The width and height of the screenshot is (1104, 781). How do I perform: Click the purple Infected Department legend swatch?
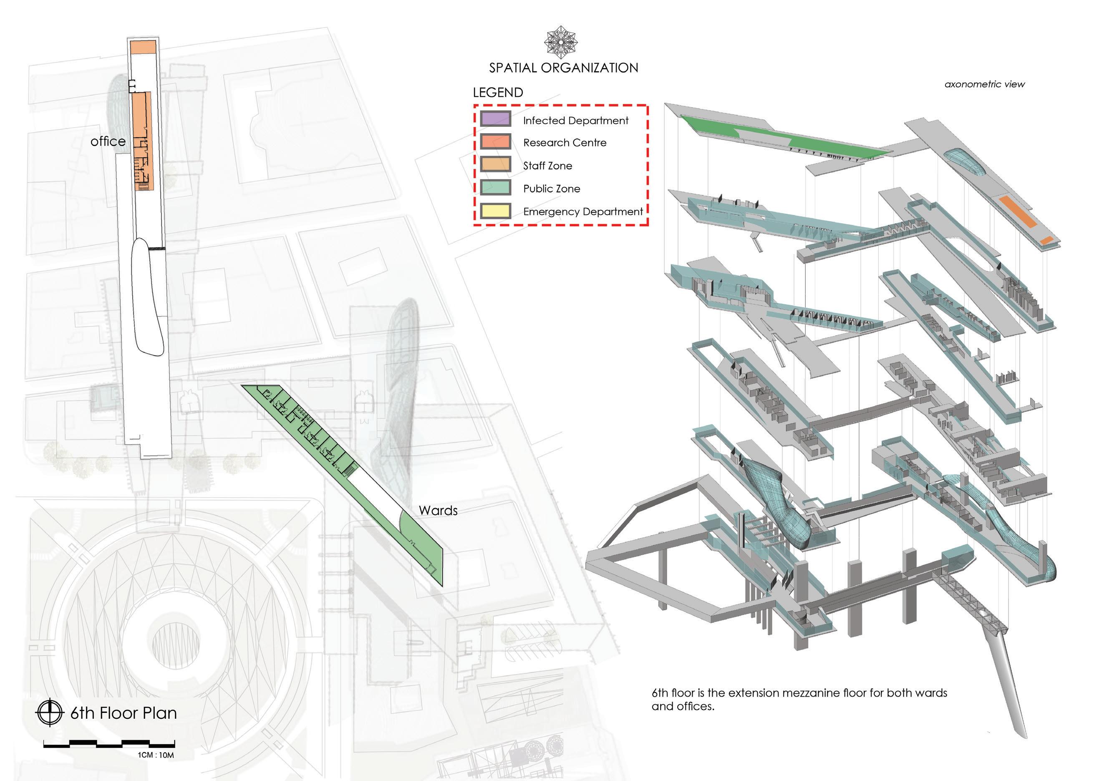tap(495, 119)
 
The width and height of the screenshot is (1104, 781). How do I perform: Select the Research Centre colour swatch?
tap(495, 142)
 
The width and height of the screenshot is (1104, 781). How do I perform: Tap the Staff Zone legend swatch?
tap(495, 164)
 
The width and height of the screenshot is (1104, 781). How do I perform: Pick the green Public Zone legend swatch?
tap(495, 187)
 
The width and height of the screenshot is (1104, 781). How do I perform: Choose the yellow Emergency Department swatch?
tap(495, 211)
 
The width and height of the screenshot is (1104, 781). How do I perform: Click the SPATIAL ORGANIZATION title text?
tap(564, 68)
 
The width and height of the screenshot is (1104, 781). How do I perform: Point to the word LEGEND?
tap(498, 92)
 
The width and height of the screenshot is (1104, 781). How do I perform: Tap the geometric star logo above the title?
tap(561, 42)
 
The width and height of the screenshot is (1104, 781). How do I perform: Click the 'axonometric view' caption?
tap(984, 84)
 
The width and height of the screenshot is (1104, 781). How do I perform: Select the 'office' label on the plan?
tap(108, 142)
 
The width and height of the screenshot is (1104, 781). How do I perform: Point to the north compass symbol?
tap(50, 712)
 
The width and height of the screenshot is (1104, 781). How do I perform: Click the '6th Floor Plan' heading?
tap(124, 713)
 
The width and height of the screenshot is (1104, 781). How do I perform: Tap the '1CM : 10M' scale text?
tap(156, 755)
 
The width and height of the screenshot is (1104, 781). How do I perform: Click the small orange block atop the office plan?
tap(143, 47)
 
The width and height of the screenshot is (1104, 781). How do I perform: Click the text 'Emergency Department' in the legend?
tap(583, 212)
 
